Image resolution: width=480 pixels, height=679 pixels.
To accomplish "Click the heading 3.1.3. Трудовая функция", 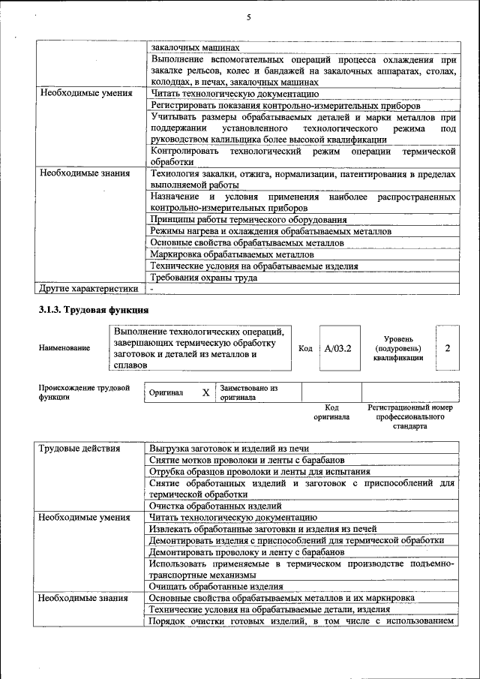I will coord(94,309).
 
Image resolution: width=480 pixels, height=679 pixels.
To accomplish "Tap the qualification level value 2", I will coord(448,348).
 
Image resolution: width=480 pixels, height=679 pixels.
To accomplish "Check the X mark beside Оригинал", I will coord(205,392).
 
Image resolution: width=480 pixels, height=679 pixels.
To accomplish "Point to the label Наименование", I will coord(64,348).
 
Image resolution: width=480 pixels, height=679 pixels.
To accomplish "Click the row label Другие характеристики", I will coord(88,288).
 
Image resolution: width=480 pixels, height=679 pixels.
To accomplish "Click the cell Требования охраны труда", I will coord(204,278).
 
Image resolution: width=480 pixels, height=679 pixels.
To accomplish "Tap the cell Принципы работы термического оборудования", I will coord(248,220).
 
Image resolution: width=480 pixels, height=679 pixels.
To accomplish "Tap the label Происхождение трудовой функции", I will coord(84,392).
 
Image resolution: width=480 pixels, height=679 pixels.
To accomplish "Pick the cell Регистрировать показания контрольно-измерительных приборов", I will coord(285,106).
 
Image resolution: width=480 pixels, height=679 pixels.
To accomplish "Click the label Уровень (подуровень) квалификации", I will coord(398,348).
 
